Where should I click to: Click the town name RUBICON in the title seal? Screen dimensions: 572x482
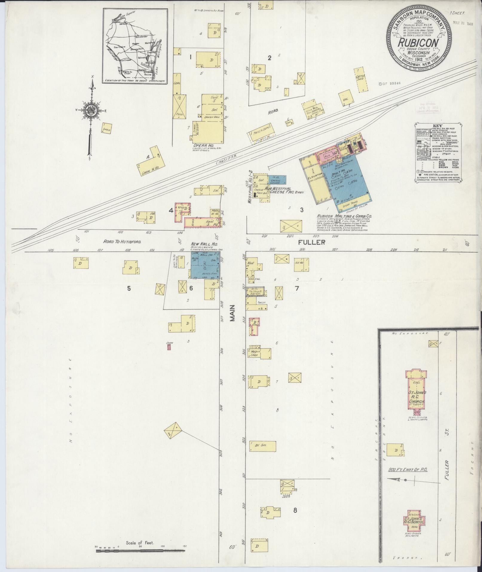pos(418,43)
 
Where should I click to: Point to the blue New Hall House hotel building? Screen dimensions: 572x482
pos(206,265)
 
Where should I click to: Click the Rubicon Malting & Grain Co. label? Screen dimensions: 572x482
pos(342,216)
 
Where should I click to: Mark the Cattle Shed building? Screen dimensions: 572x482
pos(361,79)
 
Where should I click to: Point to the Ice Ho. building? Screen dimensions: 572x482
pos(301,264)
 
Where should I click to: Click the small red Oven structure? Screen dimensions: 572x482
pos(169,347)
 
